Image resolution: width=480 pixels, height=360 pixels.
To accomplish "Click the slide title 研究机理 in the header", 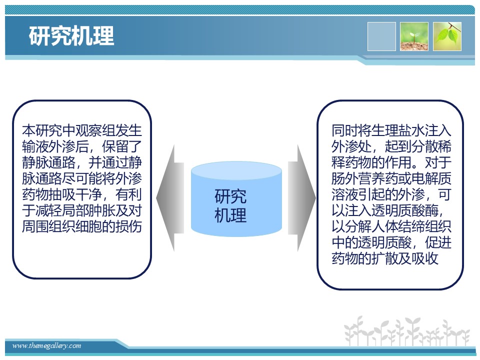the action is [71, 36].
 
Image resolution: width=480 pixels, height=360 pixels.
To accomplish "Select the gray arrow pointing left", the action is [170, 198].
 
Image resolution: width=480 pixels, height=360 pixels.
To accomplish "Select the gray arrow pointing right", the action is [302, 198].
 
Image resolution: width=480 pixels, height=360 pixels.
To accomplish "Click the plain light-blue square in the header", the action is [381, 36].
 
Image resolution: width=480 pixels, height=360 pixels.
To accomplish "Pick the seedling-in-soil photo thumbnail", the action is [414, 36].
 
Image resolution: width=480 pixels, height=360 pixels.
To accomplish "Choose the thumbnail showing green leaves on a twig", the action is [447, 36].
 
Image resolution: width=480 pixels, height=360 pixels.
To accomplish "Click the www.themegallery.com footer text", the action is [46, 346].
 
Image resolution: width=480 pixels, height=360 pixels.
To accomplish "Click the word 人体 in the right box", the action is [385, 226].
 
